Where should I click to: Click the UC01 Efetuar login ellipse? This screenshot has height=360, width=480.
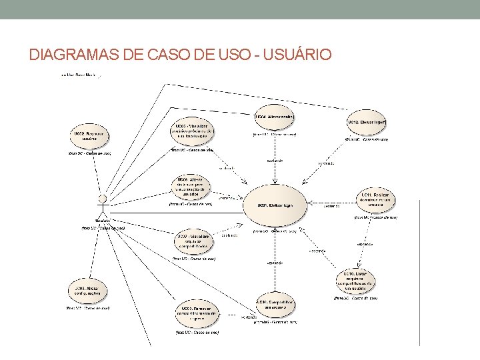276,206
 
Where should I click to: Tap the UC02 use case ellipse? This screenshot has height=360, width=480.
89,137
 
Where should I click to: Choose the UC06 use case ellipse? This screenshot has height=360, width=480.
191,187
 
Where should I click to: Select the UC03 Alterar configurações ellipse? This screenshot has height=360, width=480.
89,291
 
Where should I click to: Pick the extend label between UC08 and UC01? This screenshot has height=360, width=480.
275,263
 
